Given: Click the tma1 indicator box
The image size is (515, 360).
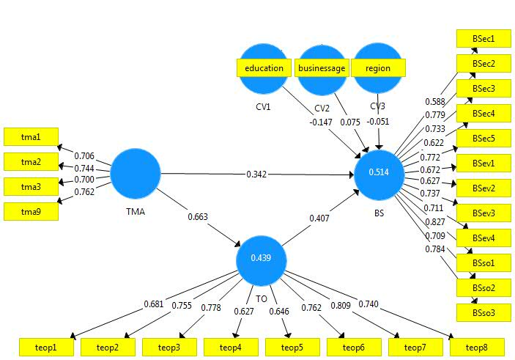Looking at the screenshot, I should (x=31, y=136).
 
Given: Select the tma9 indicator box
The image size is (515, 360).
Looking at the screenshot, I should (x=31, y=212).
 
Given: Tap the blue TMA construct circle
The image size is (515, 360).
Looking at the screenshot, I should (x=135, y=173).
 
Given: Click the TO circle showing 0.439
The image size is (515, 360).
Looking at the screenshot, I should (x=261, y=259).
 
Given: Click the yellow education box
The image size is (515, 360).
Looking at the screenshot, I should (x=264, y=68).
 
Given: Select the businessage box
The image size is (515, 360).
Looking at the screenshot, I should (x=322, y=68).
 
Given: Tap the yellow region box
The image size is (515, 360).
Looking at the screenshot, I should (x=378, y=68).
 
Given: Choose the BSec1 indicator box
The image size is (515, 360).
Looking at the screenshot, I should (x=483, y=38).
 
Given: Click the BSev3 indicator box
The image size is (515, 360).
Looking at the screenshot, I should (x=483, y=213).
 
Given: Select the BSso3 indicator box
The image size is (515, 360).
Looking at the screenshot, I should (x=483, y=312).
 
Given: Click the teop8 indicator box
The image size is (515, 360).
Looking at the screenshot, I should (x=478, y=347).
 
